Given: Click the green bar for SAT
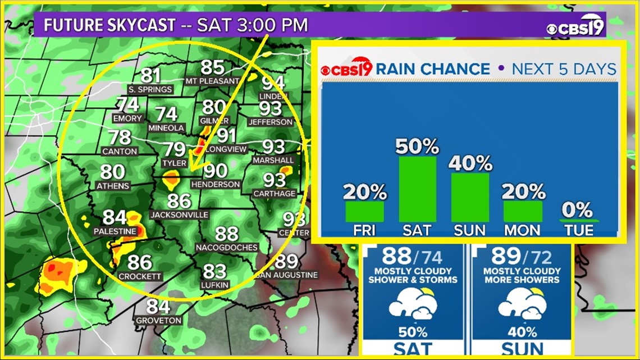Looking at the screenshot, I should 417,189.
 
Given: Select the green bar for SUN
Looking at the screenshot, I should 470,197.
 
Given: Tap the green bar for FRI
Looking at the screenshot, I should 365,211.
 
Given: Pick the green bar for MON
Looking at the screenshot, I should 523,211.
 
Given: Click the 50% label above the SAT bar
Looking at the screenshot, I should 417,147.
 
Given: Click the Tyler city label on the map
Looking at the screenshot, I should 173,163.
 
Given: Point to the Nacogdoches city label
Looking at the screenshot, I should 227,248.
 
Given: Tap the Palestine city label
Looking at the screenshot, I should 115,231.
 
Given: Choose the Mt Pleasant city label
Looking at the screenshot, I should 213,81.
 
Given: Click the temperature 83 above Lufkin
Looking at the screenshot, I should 214,272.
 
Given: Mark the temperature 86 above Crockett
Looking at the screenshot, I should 140,262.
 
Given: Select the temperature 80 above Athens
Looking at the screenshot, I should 113,172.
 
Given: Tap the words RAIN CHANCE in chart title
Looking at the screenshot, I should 432,69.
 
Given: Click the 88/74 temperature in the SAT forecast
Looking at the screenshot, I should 412,257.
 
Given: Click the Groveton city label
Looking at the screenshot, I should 158,321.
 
